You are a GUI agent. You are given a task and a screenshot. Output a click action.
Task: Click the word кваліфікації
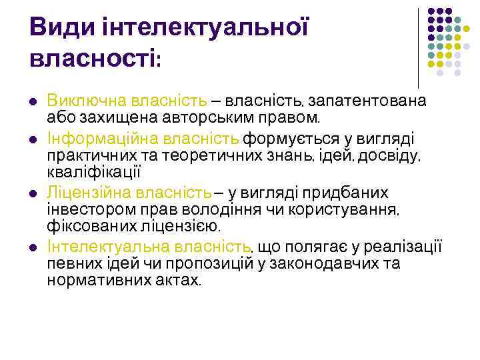(94, 172)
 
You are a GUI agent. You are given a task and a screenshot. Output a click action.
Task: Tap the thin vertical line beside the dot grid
(418, 47)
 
